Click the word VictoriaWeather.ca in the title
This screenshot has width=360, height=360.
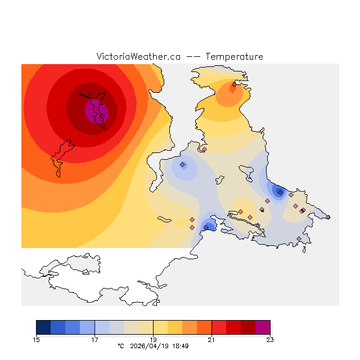coord(138,57)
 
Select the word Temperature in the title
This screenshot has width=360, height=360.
coord(234,57)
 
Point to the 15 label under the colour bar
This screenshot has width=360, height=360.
coord(37,339)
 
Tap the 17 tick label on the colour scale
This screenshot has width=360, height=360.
coord(94,339)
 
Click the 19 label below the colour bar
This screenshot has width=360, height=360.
coord(153,339)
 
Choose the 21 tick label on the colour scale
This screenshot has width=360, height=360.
coord(211,339)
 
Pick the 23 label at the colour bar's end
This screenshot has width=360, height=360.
coord(270,339)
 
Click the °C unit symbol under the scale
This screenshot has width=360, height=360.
coord(120,346)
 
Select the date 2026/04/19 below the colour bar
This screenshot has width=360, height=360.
coord(148,346)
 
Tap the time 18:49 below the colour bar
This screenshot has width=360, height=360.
coord(180,346)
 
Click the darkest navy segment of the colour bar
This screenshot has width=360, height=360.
coord(43,327)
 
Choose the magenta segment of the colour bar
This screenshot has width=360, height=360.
coord(263,327)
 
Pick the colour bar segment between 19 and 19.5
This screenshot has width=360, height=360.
coord(160,327)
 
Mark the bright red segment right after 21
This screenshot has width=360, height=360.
coord(219,327)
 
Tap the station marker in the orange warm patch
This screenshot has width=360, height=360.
coord(234,85)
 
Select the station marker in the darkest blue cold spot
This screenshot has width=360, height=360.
coord(280,192)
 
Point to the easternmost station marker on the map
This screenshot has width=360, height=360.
coord(328,217)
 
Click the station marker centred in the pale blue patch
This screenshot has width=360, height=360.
coord(182,165)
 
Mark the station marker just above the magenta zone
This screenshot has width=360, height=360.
coord(89,93)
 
